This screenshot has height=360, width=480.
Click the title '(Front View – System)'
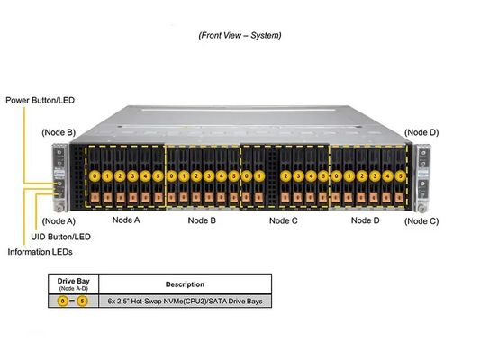pyautogui.click(x=240, y=35)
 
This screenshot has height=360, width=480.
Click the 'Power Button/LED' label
pyautogui.click(x=39, y=100)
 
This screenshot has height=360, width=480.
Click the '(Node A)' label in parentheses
pyautogui.click(x=59, y=220)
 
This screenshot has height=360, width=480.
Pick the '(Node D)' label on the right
pyautogui.click(x=421, y=132)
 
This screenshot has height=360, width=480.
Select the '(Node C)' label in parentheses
pyautogui.click(x=421, y=220)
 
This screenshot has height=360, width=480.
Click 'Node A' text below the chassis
pyautogui.click(x=126, y=220)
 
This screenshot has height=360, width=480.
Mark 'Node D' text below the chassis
pyautogui.click(x=365, y=220)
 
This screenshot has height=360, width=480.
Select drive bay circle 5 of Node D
pyautogui.click(x=402, y=176)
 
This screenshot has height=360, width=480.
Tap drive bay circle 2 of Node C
pyautogui.click(x=286, y=176)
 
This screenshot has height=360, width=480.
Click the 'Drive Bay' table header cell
pyautogui.click(x=73, y=284)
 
